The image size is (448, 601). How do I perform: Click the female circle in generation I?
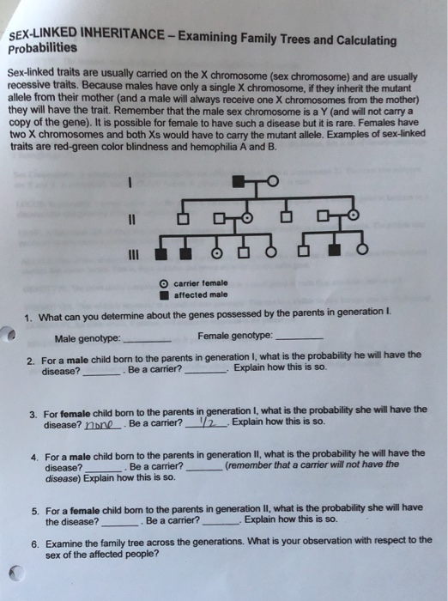pos(273,181)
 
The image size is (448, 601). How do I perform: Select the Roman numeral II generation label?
pos(131,217)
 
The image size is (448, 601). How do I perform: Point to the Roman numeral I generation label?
pos(131,181)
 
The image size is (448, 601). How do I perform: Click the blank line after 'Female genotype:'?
pos(300,337)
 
